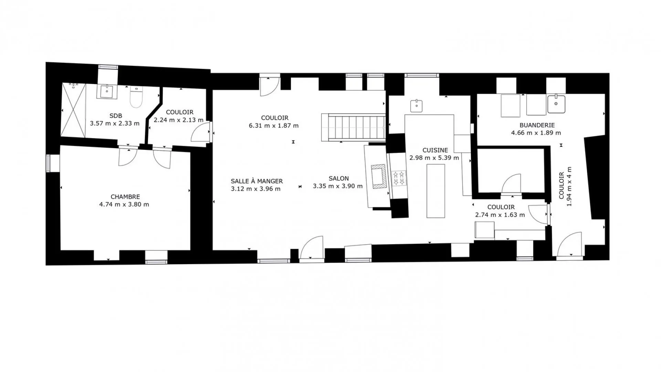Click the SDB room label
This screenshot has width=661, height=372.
(x=116, y=116)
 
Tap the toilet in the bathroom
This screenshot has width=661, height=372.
(x=136, y=97)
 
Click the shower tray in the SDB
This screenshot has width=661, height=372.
(x=73, y=110)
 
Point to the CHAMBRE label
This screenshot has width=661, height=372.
(x=125, y=197)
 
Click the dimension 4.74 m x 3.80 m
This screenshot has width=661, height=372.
(x=124, y=204)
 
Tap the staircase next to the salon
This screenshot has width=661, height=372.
(x=353, y=127)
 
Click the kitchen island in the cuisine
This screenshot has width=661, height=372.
(x=436, y=191)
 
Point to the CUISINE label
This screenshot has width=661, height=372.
(x=435, y=150)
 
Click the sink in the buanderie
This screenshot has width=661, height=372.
(x=556, y=104)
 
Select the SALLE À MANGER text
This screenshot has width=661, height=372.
(x=257, y=181)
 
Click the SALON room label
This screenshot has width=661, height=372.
(x=339, y=178)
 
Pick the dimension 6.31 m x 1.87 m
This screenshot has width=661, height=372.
(x=274, y=126)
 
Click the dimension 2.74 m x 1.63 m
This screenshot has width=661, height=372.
(x=500, y=215)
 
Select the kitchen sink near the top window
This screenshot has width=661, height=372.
(x=417, y=105)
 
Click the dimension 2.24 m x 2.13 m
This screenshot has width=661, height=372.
(x=179, y=120)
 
